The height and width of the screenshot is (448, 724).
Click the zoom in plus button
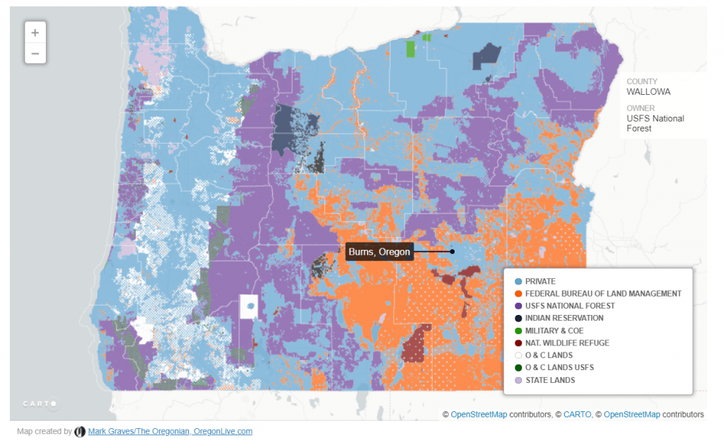click(35, 33)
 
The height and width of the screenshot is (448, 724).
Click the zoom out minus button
click(35, 53)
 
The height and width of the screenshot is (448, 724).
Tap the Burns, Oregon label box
click(380, 252)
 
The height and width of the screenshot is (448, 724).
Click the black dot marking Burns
click(452, 251)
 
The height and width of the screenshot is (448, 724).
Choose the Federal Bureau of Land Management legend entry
click(603, 294)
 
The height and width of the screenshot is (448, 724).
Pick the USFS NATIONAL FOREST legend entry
click(570, 306)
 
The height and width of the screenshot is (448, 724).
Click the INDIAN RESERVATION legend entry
click(564, 318)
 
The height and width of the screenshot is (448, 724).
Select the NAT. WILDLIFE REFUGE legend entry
click(567, 343)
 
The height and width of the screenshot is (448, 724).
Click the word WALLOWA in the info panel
click(648, 92)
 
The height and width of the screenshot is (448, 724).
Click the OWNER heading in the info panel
click(641, 108)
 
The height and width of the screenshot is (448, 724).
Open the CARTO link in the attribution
click(577, 414)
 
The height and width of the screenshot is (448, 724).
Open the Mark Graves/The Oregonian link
click(170, 431)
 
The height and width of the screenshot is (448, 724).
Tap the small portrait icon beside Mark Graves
click(80, 431)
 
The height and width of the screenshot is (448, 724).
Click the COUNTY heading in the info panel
click(642, 81)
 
